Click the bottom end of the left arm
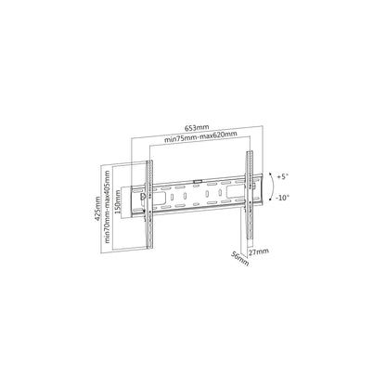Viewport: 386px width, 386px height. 145,247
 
